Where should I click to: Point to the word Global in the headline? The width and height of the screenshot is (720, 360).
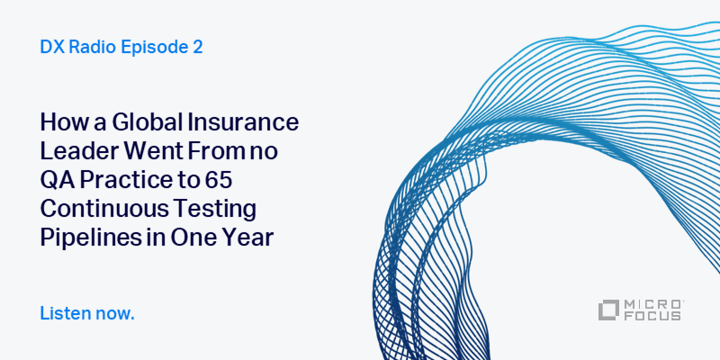pyautogui.click(x=136, y=121)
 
